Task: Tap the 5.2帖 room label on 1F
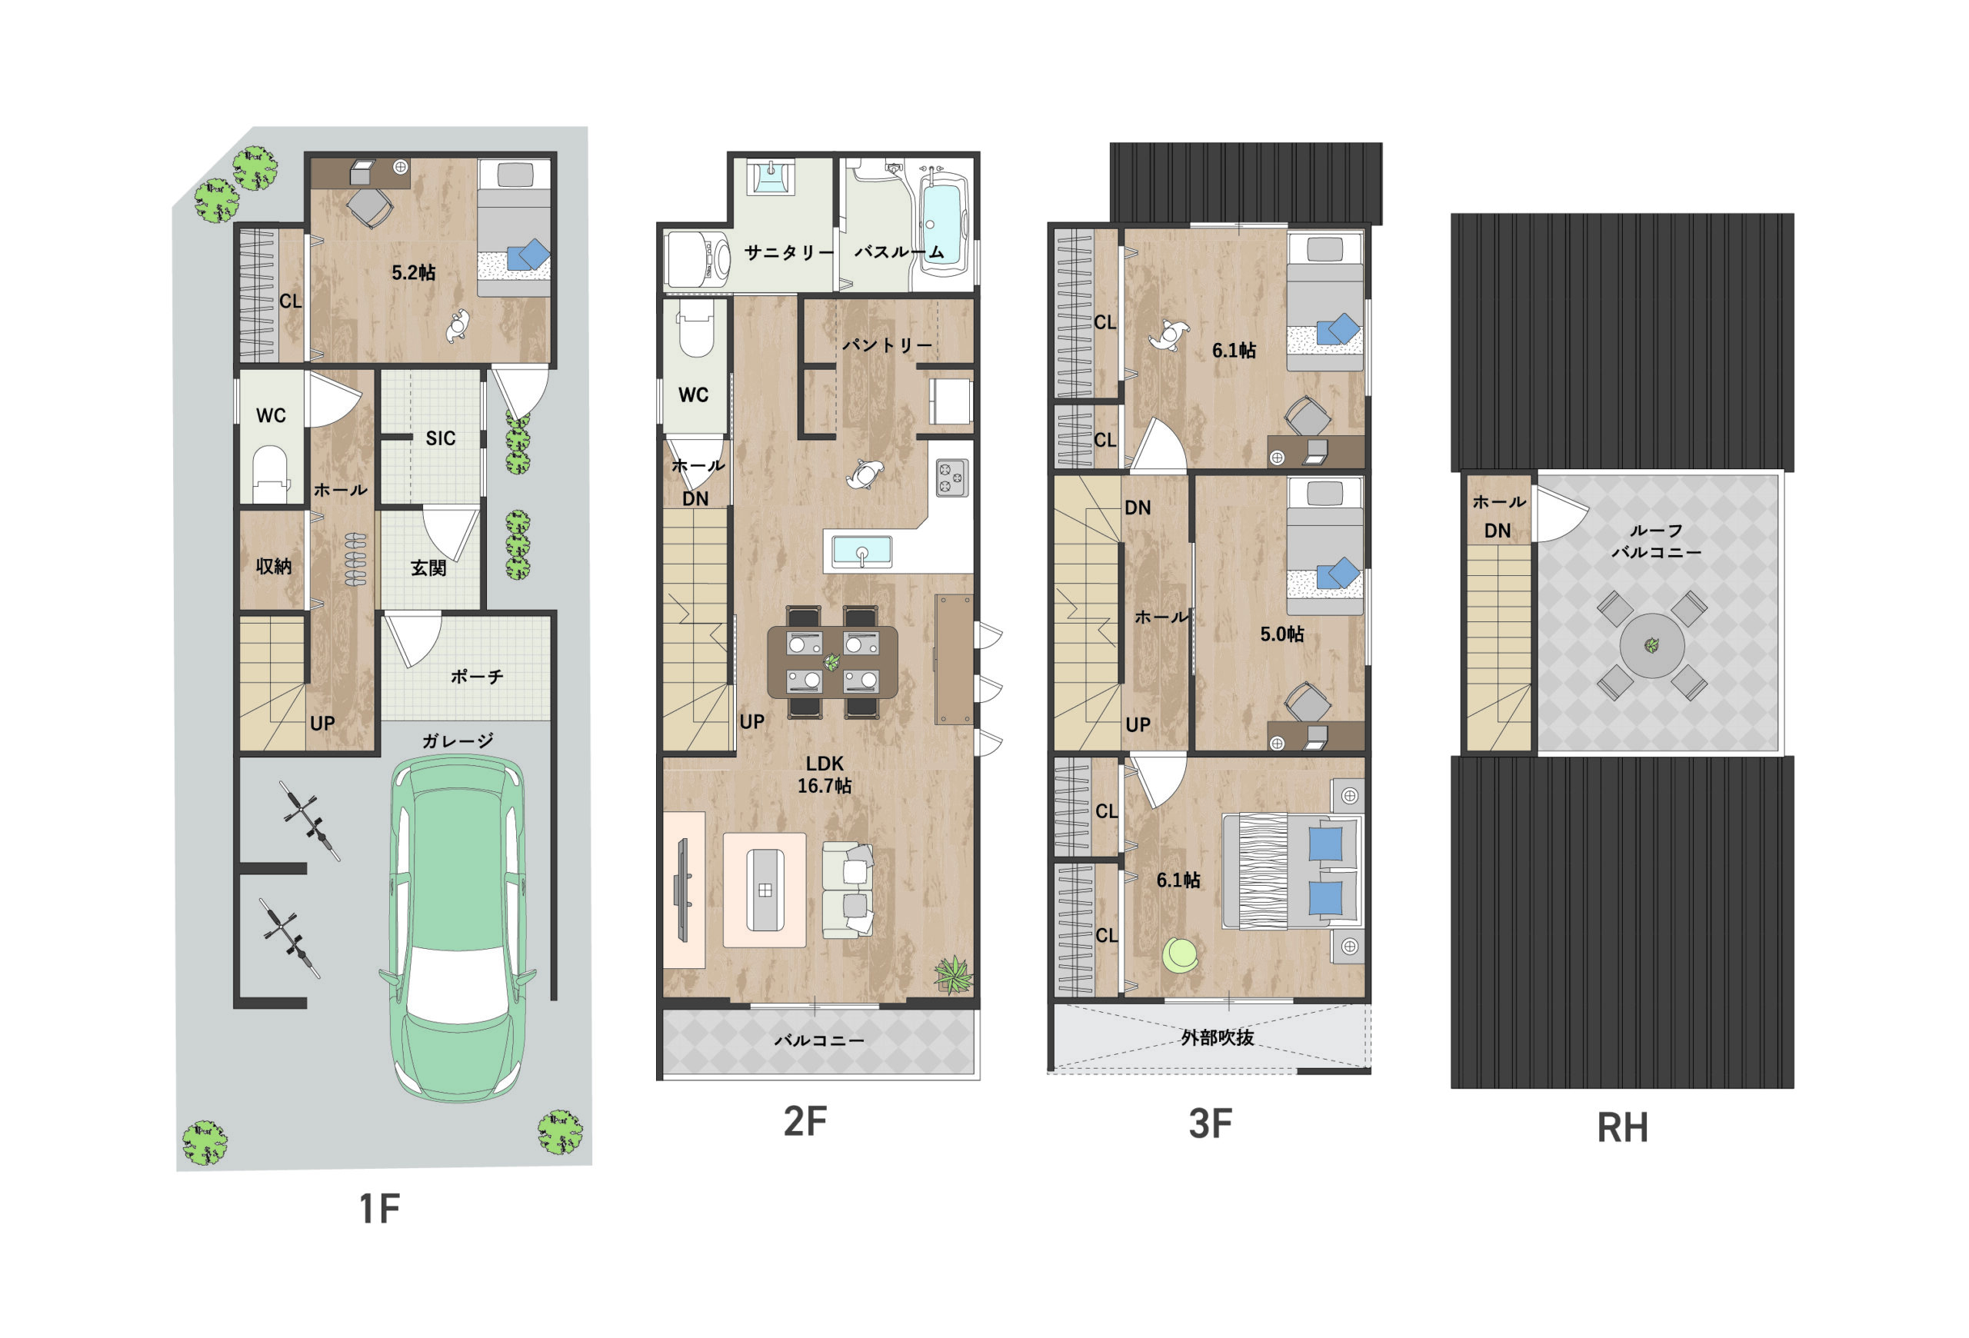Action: click(414, 273)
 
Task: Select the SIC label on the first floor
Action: click(441, 438)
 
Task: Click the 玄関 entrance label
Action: click(428, 567)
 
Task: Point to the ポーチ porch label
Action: click(477, 676)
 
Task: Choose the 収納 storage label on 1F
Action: click(274, 566)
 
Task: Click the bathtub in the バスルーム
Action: click(943, 224)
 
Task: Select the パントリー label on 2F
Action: click(887, 344)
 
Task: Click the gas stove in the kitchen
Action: click(952, 478)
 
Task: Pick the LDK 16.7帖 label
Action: click(825, 774)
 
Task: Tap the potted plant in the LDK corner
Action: click(953, 975)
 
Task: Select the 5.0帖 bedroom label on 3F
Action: click(1282, 634)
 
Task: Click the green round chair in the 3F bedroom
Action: click(1180, 955)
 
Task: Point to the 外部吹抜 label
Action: click(1218, 1037)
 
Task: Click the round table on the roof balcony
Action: click(1651, 646)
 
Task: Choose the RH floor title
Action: click(1622, 1128)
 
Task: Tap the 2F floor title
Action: click(805, 1121)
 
